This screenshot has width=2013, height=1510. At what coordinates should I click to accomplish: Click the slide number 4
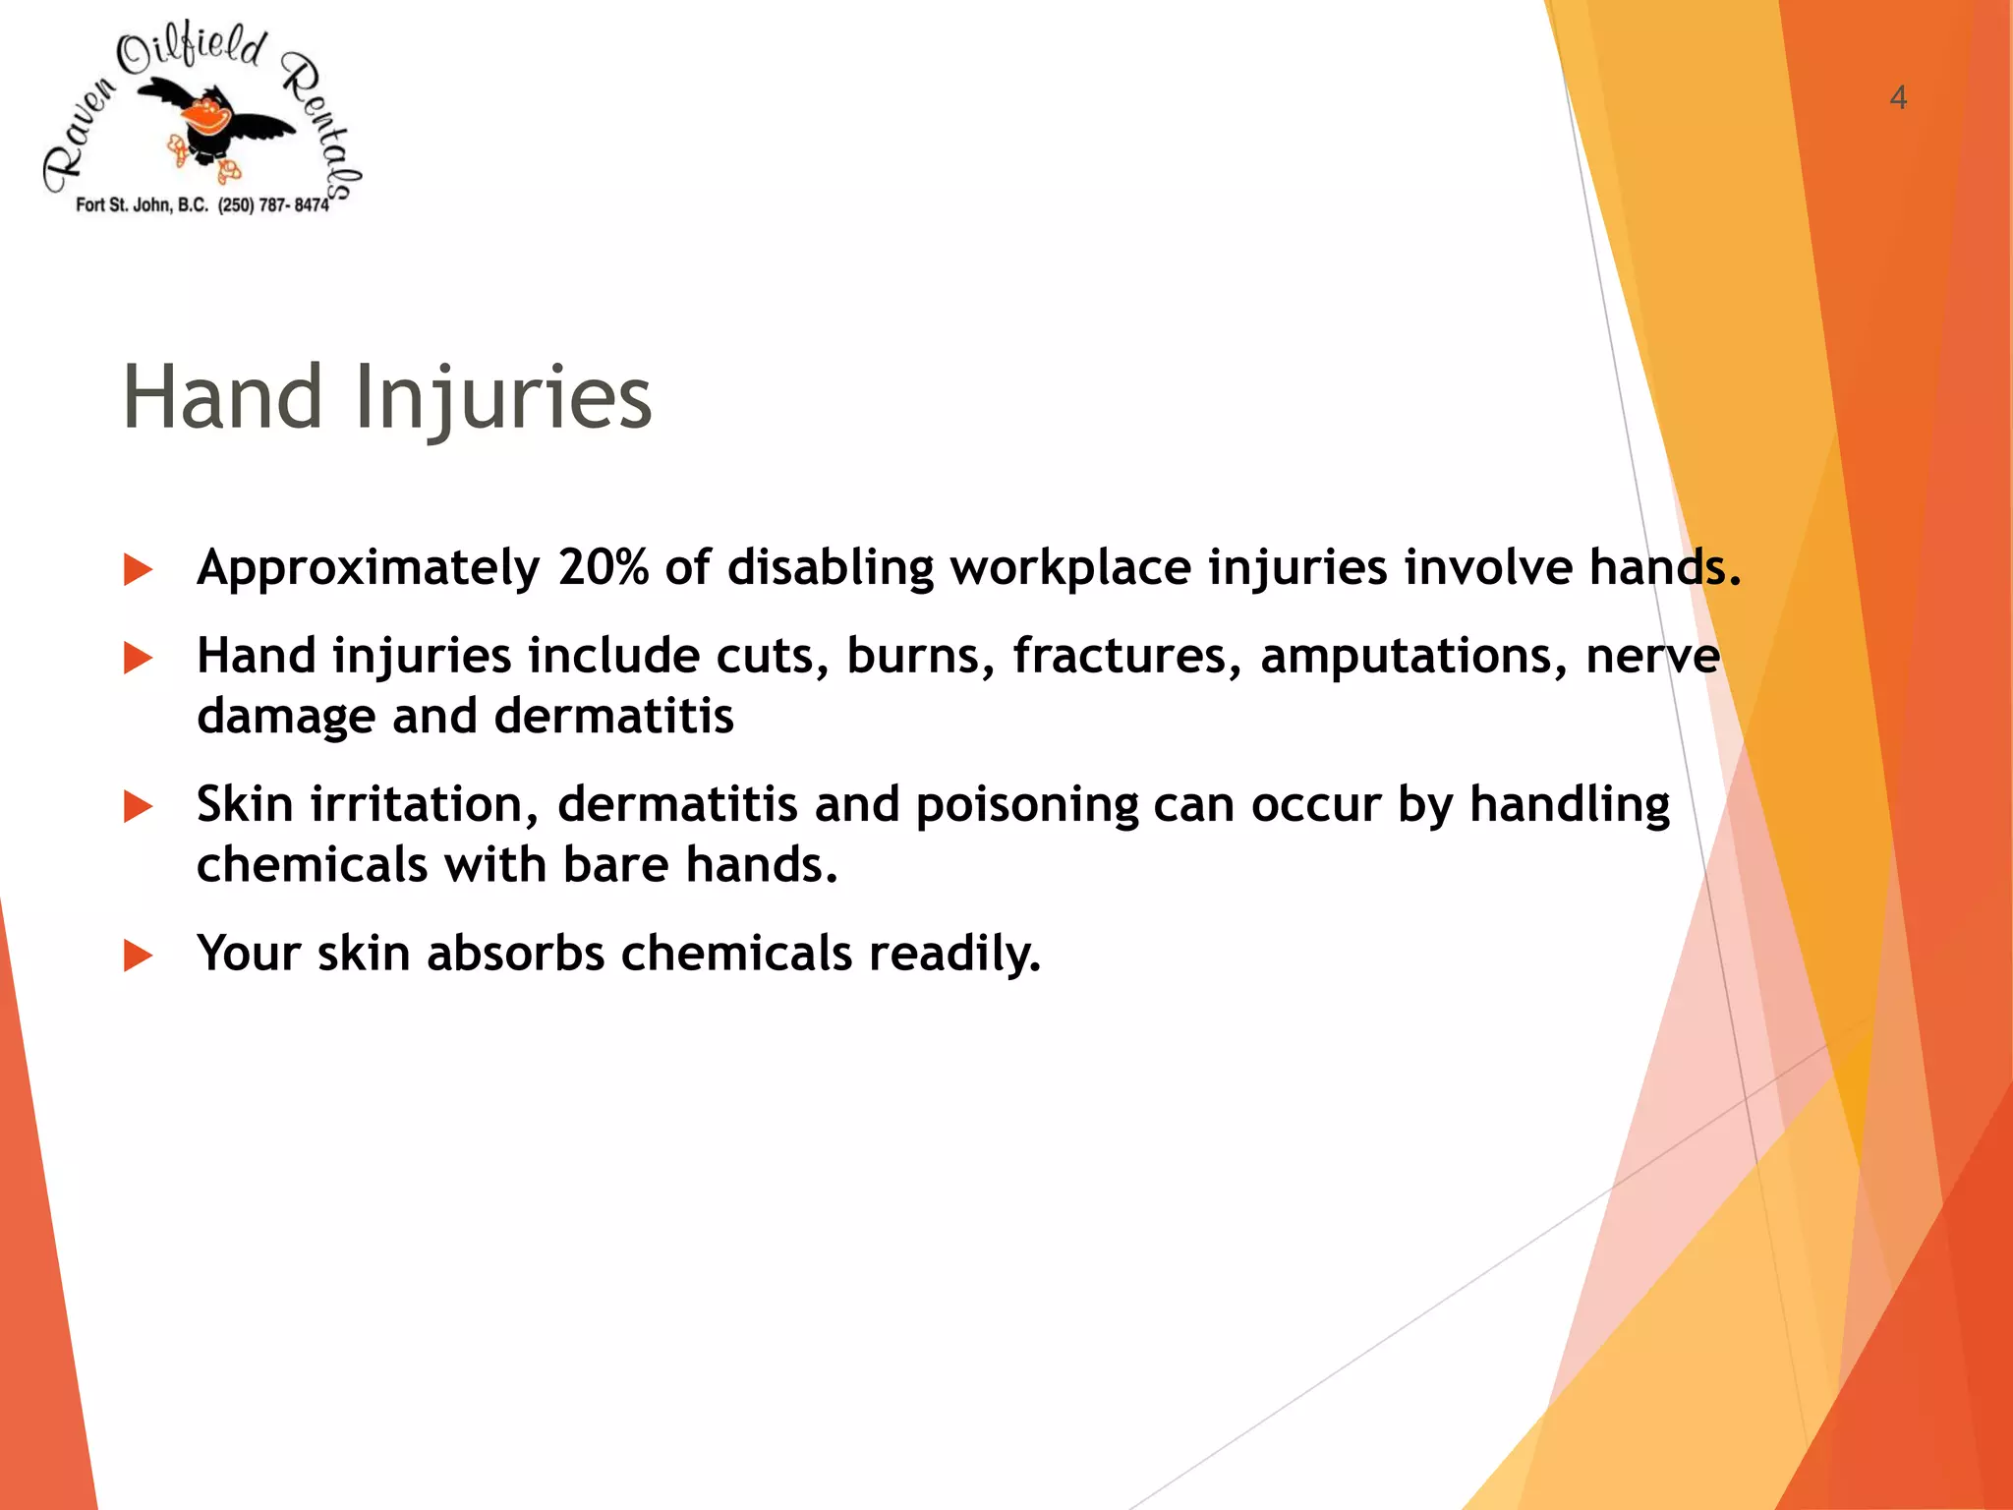[x=1898, y=97]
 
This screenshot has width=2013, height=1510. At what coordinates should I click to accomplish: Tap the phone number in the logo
[x=273, y=205]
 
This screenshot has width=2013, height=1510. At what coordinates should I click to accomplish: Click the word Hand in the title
[x=223, y=397]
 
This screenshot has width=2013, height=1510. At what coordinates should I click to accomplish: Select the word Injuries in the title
[x=502, y=399]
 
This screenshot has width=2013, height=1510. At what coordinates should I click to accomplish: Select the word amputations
[x=1413, y=657]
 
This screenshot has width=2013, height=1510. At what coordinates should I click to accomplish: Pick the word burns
[x=921, y=657]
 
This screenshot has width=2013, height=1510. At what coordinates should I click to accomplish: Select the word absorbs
[x=515, y=954]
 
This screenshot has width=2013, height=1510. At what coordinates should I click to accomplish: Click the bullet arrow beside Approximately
[x=139, y=570]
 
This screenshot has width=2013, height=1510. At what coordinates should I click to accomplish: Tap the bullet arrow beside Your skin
[x=139, y=956]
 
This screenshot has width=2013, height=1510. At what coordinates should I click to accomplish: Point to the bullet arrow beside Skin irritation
[x=139, y=807]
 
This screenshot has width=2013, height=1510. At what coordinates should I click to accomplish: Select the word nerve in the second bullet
[x=1652, y=657]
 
